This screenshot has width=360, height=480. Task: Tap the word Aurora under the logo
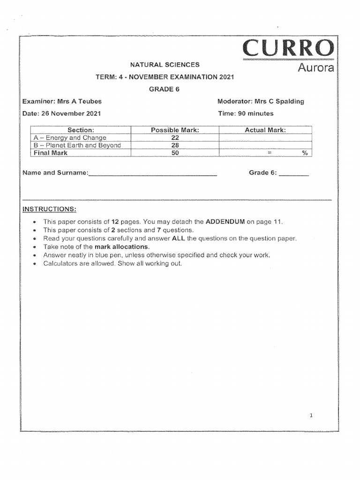(316, 68)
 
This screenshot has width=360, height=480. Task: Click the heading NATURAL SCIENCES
(165, 65)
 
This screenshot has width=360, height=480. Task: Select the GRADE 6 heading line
(165, 89)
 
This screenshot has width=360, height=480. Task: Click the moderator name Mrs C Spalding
(279, 101)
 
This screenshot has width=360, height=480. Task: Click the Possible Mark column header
(175, 130)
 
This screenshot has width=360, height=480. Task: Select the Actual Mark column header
(265, 130)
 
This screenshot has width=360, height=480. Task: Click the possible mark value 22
(175, 138)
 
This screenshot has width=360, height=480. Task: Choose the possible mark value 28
(175, 145)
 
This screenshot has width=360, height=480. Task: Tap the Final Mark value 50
(175, 153)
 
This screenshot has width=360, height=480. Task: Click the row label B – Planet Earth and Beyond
(77, 145)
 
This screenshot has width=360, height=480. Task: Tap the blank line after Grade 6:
(293, 174)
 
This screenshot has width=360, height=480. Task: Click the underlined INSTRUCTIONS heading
(49, 209)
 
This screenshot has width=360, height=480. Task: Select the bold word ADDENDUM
(225, 222)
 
